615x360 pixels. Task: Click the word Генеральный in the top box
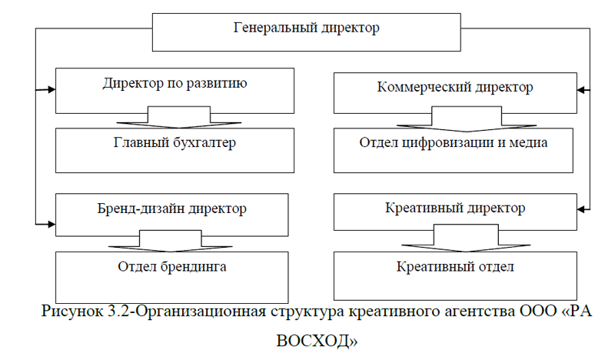[x=275, y=28]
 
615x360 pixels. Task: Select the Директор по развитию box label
[x=175, y=84]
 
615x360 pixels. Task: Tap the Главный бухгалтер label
[x=175, y=142]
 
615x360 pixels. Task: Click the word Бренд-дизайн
[x=141, y=208]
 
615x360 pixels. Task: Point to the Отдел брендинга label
[x=172, y=267]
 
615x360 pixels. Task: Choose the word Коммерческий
[x=424, y=88]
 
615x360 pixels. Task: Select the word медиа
[x=528, y=142]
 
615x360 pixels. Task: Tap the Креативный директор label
[x=455, y=208]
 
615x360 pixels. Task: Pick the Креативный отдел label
[x=455, y=267]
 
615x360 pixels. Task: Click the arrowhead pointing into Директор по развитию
[x=52, y=89]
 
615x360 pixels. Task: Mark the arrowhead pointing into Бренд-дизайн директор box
[x=52, y=224]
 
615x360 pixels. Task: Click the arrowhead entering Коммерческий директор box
[x=581, y=90]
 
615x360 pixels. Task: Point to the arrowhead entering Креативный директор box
[x=581, y=209]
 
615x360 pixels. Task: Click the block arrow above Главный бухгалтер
[x=179, y=118]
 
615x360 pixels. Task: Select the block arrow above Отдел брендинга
[x=171, y=241]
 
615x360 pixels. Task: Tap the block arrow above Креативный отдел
[x=466, y=238]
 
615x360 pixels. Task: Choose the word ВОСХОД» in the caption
[x=317, y=341]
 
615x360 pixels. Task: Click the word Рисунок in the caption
[x=71, y=312]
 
